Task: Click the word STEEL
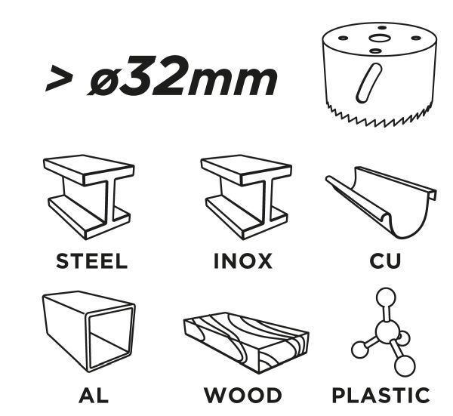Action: click(x=91, y=261)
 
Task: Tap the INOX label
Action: click(x=243, y=261)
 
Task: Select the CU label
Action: click(x=385, y=261)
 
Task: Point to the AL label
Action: click(x=94, y=395)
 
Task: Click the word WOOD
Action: click(x=242, y=395)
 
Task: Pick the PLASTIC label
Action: click(x=381, y=395)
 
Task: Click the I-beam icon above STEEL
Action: click(x=89, y=197)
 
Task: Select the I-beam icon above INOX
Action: click(x=246, y=197)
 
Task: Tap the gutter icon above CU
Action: click(x=381, y=202)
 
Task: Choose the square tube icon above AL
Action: click(x=89, y=331)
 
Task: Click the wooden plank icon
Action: click(x=246, y=343)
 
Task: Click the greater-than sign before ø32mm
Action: click(x=59, y=78)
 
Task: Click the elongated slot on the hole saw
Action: click(x=369, y=83)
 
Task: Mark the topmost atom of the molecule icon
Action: click(x=386, y=297)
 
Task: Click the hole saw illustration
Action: click(x=380, y=75)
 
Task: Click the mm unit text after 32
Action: click(x=233, y=82)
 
